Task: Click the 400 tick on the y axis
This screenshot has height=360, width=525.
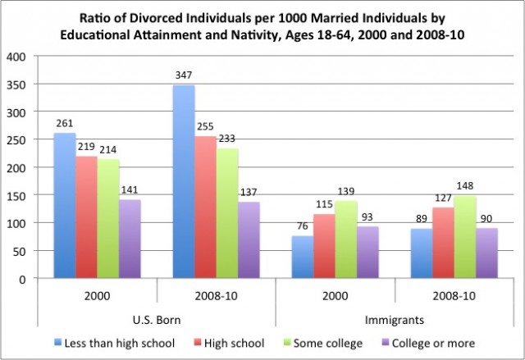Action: (17, 57)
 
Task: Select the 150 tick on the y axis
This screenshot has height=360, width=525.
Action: (17, 195)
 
